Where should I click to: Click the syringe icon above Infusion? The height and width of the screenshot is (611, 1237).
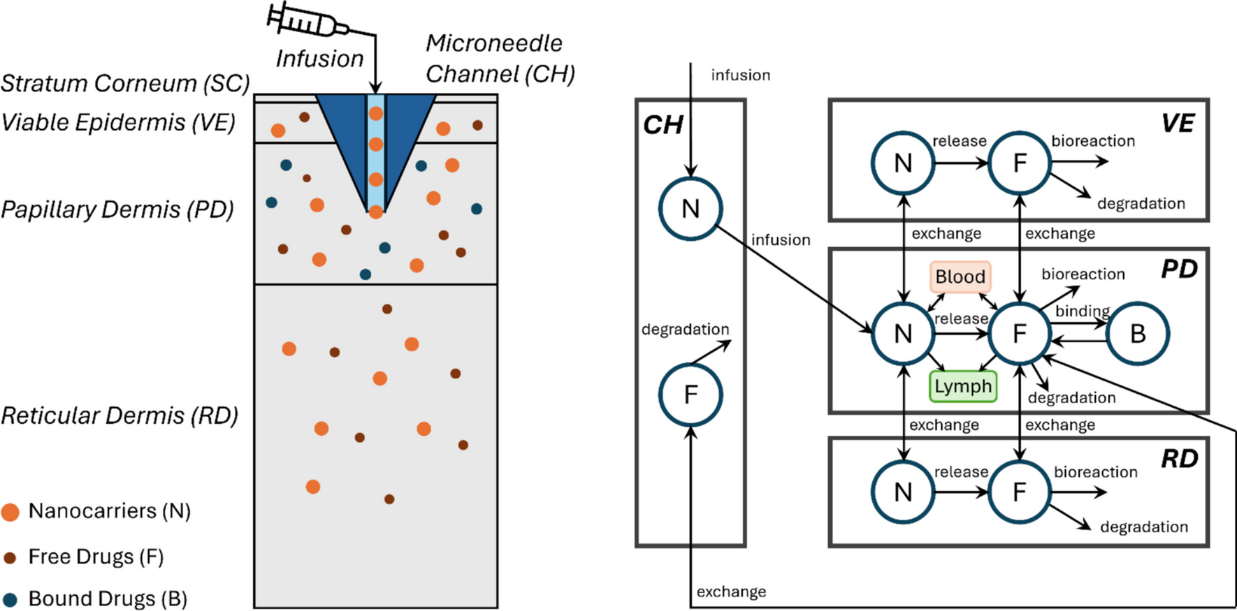pyautogui.click(x=308, y=21)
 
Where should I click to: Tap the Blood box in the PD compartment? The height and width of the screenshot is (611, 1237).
pyautogui.click(x=960, y=277)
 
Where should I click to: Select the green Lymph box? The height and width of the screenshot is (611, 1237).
pyautogui.click(x=963, y=386)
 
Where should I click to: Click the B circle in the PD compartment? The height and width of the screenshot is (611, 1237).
pyautogui.click(x=1138, y=334)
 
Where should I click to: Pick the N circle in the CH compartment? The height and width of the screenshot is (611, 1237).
pyautogui.click(x=690, y=209)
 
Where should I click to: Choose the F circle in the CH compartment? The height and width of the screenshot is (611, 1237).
pyautogui.click(x=690, y=395)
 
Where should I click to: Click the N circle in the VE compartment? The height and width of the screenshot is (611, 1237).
pyautogui.click(x=903, y=163)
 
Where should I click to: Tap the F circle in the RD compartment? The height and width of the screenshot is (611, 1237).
pyautogui.click(x=1020, y=492)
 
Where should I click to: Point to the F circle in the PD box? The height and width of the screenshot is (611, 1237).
pyautogui.click(x=1020, y=334)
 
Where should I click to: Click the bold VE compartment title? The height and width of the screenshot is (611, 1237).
pyautogui.click(x=1178, y=124)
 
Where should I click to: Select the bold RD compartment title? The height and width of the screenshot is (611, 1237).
pyautogui.click(x=1180, y=459)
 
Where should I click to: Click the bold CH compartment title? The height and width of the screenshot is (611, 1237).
pyautogui.click(x=663, y=125)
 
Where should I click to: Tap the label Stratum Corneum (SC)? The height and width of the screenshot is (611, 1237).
pyautogui.click(x=125, y=83)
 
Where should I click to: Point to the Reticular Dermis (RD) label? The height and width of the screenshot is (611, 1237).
pyautogui.click(x=120, y=415)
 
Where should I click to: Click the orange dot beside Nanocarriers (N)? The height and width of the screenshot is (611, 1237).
pyautogui.click(x=10, y=512)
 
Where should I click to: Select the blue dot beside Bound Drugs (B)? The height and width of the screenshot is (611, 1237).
pyautogui.click(x=10, y=599)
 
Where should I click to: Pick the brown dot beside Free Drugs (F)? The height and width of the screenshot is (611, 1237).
pyautogui.click(x=10, y=558)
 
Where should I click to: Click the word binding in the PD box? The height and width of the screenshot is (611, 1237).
pyautogui.click(x=1083, y=311)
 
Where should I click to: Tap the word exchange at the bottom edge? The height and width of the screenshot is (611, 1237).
pyautogui.click(x=731, y=591)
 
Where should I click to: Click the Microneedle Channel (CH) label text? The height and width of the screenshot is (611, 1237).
pyautogui.click(x=499, y=59)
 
